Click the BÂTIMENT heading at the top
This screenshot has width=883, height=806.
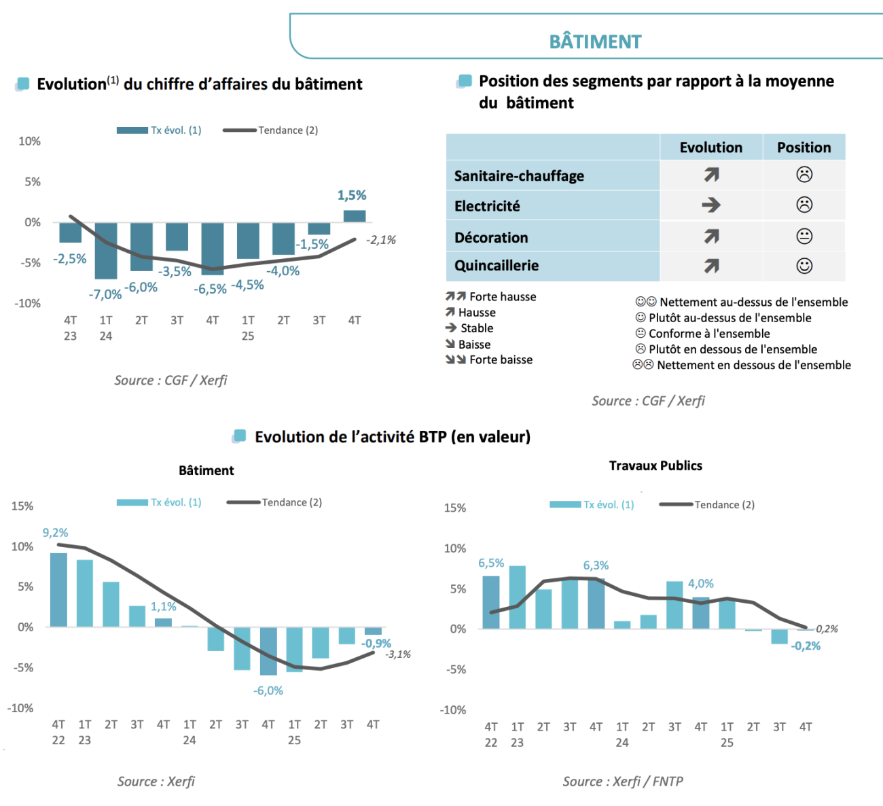[x=595, y=42]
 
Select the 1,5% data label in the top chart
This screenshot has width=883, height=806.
[x=352, y=196]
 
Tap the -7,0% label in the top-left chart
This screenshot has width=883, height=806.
[x=105, y=294]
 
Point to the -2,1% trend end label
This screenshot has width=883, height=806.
[x=381, y=240]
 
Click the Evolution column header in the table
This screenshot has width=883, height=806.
[x=710, y=147]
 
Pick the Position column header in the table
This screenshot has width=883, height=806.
[x=804, y=147]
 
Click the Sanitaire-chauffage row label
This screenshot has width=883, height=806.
[x=519, y=176]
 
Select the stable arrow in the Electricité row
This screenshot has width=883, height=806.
[x=711, y=205]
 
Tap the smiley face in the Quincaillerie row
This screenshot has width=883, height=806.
[x=804, y=266]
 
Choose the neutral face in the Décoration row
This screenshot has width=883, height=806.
[x=804, y=236]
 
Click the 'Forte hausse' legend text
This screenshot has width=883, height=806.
[x=503, y=297]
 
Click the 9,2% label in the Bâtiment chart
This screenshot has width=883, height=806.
[x=55, y=533]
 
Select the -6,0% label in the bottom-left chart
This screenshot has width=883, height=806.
[x=268, y=690]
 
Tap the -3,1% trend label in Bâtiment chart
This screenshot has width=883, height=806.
[x=398, y=654]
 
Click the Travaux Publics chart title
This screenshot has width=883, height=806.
[x=655, y=466]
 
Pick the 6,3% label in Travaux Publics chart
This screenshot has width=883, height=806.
[x=596, y=565]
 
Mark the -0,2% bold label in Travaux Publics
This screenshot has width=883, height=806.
[x=806, y=646]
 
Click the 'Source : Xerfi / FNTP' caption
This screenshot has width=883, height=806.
[x=623, y=782]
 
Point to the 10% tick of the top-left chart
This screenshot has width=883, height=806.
[x=29, y=141]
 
